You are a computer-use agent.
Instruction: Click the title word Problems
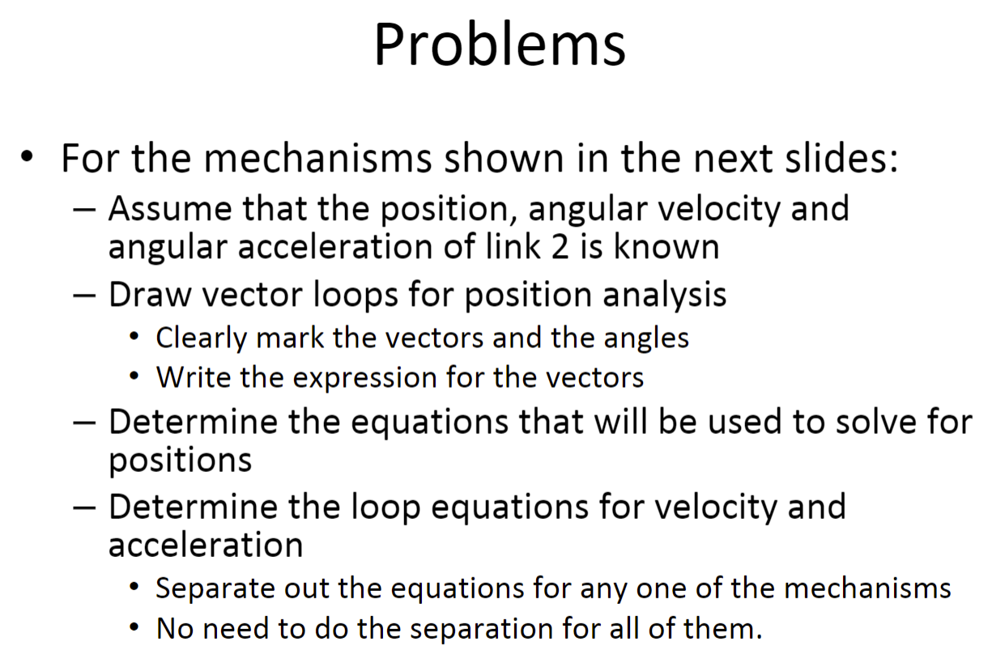point(499,45)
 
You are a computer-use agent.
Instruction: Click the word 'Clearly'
point(201,338)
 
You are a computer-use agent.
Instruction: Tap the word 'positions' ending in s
point(180,461)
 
